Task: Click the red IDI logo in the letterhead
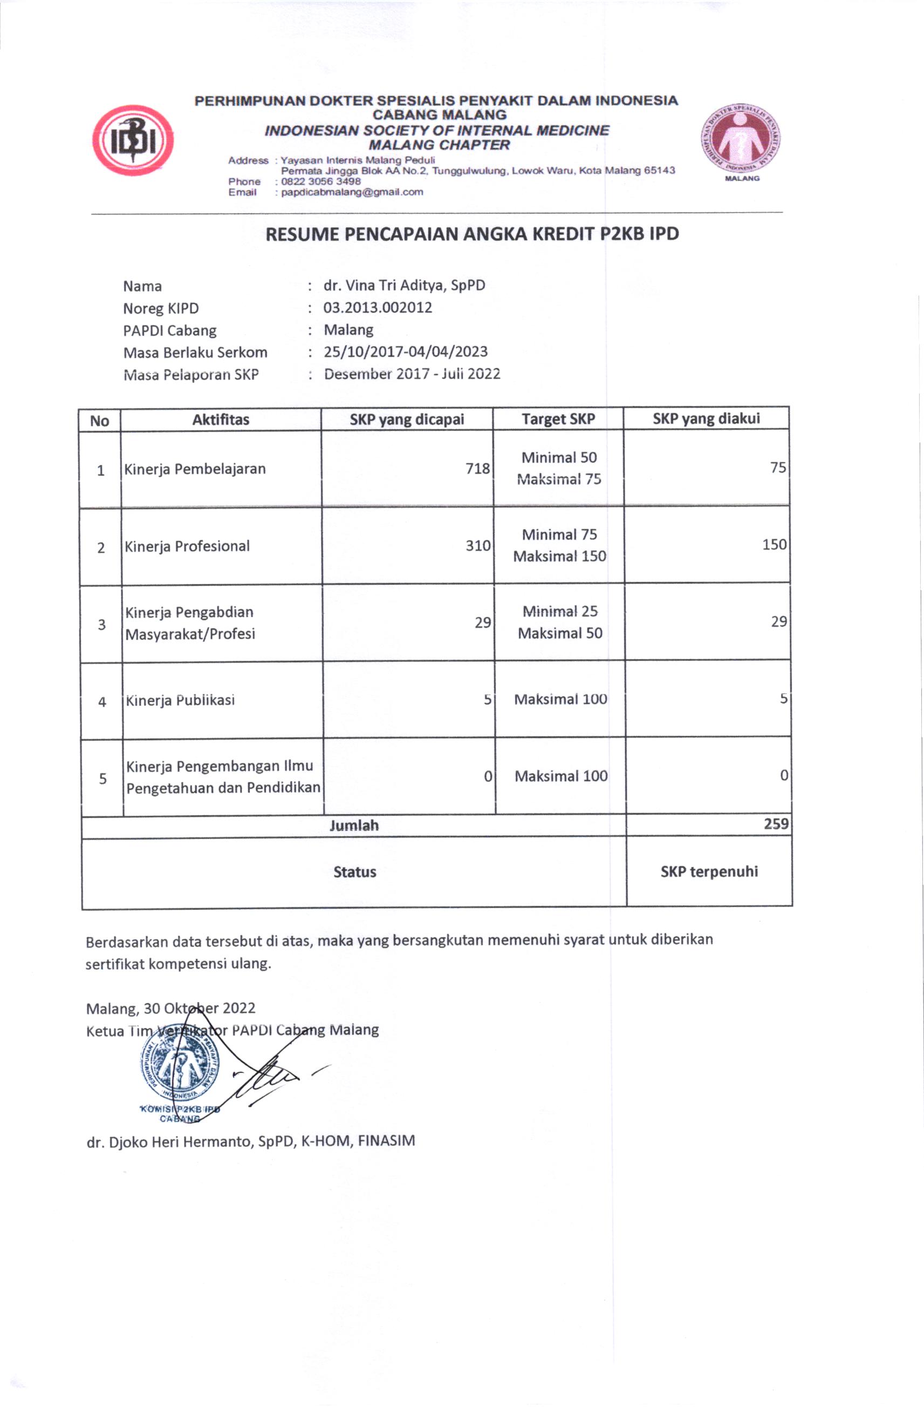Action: tap(133, 141)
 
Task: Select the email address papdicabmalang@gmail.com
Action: tap(352, 192)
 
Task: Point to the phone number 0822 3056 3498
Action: tap(321, 181)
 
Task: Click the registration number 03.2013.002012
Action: tap(378, 307)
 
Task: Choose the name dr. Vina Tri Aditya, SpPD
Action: tap(404, 286)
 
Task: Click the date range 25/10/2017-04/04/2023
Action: tap(405, 352)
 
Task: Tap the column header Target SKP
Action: tap(558, 419)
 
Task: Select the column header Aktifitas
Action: tap(221, 420)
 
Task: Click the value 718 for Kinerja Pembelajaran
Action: tap(477, 469)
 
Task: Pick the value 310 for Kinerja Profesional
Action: tap(478, 546)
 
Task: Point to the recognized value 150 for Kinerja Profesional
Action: tap(774, 544)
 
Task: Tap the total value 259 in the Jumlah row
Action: tap(776, 824)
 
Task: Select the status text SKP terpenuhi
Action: tap(709, 871)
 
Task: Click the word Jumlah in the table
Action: tap(354, 826)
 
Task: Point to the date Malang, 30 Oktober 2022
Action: tap(171, 1008)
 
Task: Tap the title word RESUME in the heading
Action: tap(302, 235)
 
